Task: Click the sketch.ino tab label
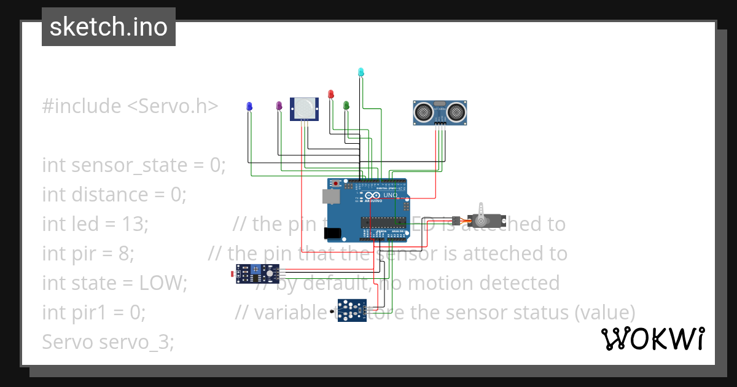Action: coord(108,27)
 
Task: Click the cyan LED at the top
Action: coord(361,72)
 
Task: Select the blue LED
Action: coord(249,106)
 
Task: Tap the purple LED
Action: coord(279,106)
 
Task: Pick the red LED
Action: coord(331,94)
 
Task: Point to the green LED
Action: coord(346,106)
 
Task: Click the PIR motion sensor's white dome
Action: coord(304,109)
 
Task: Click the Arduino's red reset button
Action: coord(337,183)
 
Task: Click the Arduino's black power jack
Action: coord(332,232)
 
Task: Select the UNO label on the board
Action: coord(391,195)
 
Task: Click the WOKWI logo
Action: coord(652,338)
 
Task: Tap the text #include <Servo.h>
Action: coord(130,106)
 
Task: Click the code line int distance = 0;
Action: coord(114,195)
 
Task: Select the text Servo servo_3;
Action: coord(108,342)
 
